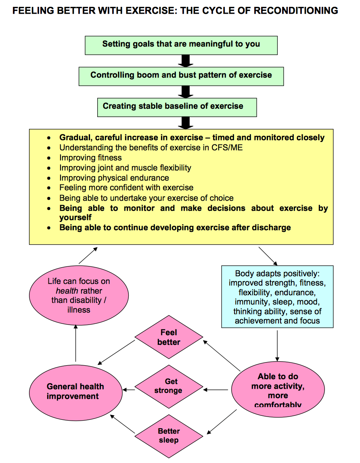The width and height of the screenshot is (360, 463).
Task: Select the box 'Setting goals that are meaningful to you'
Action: [x=181, y=45]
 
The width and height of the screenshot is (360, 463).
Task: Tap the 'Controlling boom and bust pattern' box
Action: [x=181, y=76]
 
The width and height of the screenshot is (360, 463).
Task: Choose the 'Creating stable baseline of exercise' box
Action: [x=177, y=107]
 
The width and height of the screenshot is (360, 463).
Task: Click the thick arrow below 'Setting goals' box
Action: [x=185, y=61]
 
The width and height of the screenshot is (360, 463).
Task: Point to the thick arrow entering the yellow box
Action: [x=185, y=123]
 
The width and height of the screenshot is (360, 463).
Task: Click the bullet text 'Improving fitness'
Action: [x=90, y=157]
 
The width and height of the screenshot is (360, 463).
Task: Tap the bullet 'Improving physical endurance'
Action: [x=114, y=178]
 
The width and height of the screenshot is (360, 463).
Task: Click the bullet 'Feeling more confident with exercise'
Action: [x=126, y=188]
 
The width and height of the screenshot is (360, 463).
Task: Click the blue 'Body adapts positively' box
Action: [x=277, y=296]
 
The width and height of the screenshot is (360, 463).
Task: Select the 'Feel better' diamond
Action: [x=169, y=337]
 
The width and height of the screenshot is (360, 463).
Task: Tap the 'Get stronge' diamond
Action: [x=168, y=386]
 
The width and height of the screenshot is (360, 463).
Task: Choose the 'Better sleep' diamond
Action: [x=168, y=436]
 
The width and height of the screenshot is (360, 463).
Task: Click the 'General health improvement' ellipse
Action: [x=75, y=391]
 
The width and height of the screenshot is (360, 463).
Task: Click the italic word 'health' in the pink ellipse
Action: [x=67, y=291]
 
